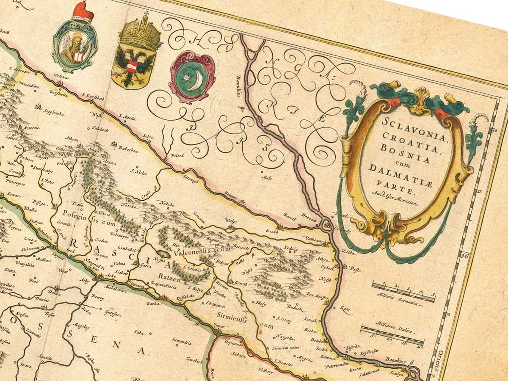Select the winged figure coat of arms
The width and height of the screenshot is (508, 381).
coord(75,47)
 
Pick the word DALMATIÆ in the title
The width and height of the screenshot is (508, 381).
coord(392,170)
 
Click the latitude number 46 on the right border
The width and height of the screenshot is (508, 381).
coord(465,255)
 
